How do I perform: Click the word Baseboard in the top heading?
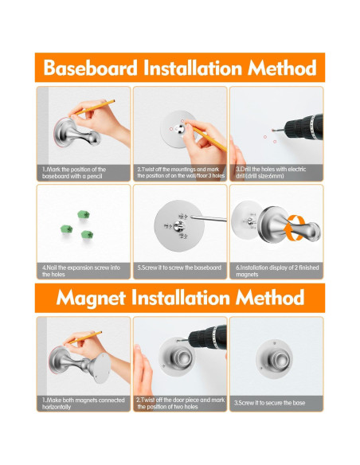pyautogui.click(x=91, y=68)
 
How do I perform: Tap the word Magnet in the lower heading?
pyautogui.click(x=91, y=298)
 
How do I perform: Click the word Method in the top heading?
pyautogui.click(x=282, y=68)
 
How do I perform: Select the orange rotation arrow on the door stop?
pyautogui.click(x=294, y=228)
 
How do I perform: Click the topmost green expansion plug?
pyautogui.click(x=84, y=214)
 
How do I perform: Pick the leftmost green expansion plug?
pyautogui.click(x=66, y=229)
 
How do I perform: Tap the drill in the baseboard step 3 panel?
pyautogui.click(x=299, y=127)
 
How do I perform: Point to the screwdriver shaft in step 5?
pyautogui.click(x=209, y=218)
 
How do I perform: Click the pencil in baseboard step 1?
pyautogui.click(x=95, y=107)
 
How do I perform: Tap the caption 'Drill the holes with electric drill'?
pyautogui.click(x=271, y=172)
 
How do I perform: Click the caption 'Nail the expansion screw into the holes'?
pyautogui.click(x=81, y=271)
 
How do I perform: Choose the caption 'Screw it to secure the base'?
pyautogui.click(x=269, y=403)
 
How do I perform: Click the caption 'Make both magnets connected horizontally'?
pyautogui.click(x=84, y=404)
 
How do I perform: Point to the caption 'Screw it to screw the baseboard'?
pyautogui.click(x=179, y=268)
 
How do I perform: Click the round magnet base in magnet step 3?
pyautogui.click(x=274, y=359)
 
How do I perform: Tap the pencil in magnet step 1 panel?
pyautogui.click(x=84, y=337)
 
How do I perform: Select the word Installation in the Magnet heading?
pyautogui.click(x=181, y=297)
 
